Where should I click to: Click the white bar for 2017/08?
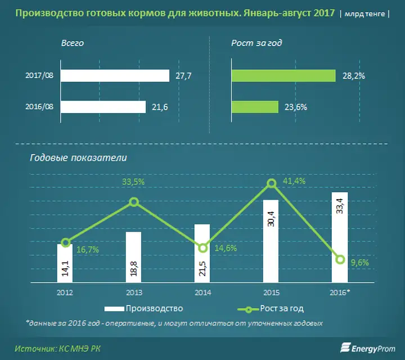[x=115, y=76]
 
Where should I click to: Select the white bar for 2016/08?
[x=103, y=107]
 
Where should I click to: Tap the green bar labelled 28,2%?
[x=283, y=76]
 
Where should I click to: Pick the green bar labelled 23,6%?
[x=255, y=107]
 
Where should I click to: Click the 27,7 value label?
[x=183, y=76]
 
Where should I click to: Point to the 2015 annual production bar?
[x=271, y=241]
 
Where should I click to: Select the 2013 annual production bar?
[x=133, y=257]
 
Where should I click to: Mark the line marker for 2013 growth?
[x=134, y=202]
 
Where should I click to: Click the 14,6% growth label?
[x=226, y=248]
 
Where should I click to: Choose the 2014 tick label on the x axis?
[x=202, y=292]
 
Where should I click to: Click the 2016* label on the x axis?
[x=340, y=292]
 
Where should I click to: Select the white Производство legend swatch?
[x=114, y=309]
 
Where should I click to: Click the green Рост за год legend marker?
[x=248, y=309]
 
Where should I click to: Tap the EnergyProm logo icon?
[x=345, y=348]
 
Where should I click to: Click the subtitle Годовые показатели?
[x=79, y=158]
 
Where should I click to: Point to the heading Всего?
[x=73, y=43]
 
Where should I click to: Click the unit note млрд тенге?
[x=364, y=13]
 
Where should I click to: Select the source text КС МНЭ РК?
[x=79, y=349]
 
